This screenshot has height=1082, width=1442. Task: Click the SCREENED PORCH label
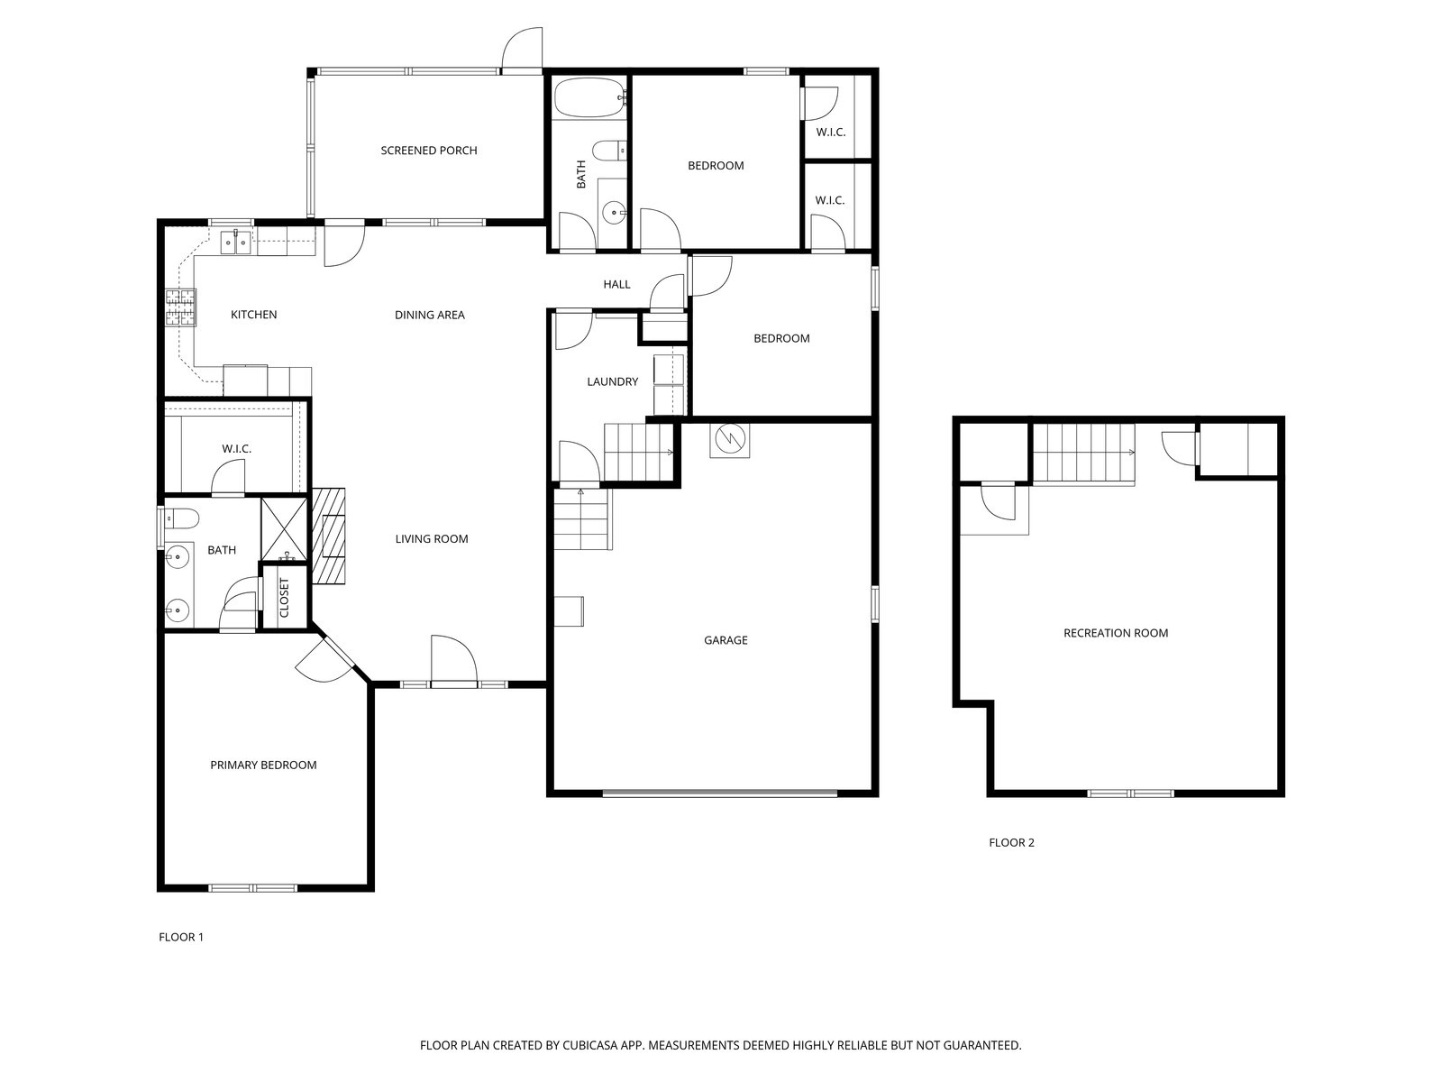pyautogui.click(x=428, y=151)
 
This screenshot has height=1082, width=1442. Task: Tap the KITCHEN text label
pyautogui.click(x=253, y=315)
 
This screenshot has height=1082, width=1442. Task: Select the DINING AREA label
pyautogui.click(x=430, y=315)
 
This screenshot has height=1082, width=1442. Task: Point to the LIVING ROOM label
pyautogui.click(x=432, y=538)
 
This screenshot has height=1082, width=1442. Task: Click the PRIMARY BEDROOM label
pyautogui.click(x=263, y=765)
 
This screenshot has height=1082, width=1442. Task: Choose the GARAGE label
pyautogui.click(x=726, y=640)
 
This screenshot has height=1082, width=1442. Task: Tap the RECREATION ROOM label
pyautogui.click(x=1116, y=633)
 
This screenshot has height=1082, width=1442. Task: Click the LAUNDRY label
pyautogui.click(x=612, y=381)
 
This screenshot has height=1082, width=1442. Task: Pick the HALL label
pyautogui.click(x=616, y=284)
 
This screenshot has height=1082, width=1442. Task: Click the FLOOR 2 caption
pyautogui.click(x=1012, y=842)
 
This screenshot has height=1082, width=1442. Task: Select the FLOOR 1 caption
pyautogui.click(x=181, y=937)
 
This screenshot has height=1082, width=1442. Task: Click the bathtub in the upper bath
pyautogui.click(x=589, y=98)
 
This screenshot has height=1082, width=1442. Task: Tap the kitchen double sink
pyautogui.click(x=235, y=243)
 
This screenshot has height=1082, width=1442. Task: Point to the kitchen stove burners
pyautogui.click(x=180, y=308)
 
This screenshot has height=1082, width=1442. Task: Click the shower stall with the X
pyautogui.click(x=284, y=529)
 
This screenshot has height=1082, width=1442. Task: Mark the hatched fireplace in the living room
pyautogui.click(x=328, y=536)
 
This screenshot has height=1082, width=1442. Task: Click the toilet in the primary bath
pyautogui.click(x=180, y=519)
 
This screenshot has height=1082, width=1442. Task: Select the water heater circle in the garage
pyautogui.click(x=729, y=438)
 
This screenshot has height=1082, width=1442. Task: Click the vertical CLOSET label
pyautogui.click(x=285, y=598)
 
